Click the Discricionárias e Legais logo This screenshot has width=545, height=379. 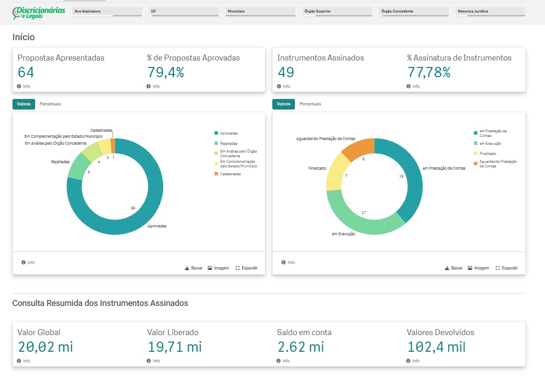39,12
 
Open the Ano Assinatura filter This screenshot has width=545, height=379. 107,12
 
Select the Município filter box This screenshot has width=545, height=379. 260,12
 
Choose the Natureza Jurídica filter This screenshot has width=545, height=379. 490,12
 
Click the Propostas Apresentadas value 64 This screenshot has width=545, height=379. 26,72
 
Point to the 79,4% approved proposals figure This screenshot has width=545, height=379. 165,72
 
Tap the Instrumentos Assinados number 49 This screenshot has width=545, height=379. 286,72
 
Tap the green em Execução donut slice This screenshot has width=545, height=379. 358,222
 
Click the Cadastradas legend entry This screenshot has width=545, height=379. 228,174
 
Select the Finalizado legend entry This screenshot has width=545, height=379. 485,153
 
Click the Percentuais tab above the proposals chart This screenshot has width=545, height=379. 50,104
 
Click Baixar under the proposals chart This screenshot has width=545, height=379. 194,268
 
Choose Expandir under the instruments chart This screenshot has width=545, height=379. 507,268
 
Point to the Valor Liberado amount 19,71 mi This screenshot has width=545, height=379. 174,347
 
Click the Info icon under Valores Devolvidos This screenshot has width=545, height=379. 408,361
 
